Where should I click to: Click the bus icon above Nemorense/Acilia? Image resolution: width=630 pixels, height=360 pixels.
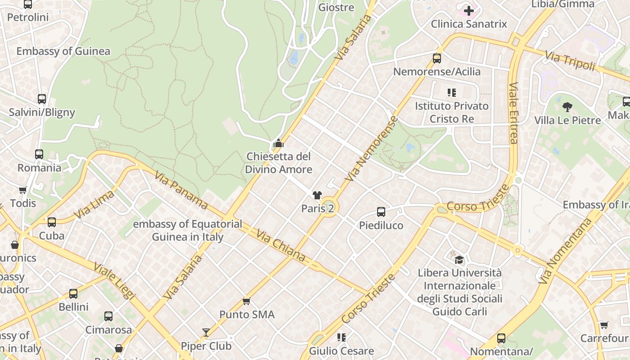[436, 58]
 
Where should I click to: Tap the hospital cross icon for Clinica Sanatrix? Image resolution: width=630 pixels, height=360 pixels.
[469, 10]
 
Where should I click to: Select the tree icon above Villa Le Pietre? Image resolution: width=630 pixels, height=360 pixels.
[567, 107]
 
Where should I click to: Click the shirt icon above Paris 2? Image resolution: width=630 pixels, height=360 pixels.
[317, 195]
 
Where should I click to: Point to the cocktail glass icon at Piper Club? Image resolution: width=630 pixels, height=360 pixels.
[206, 333]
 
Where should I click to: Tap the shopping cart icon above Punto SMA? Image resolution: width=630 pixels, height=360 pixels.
[246, 301]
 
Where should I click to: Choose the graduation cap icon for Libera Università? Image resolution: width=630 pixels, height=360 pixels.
[459, 260]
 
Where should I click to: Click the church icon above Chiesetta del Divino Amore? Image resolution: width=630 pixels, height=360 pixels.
[279, 144]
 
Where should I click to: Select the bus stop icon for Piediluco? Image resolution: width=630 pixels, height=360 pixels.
[381, 212]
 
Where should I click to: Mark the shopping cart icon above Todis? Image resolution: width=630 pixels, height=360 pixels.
[22, 190]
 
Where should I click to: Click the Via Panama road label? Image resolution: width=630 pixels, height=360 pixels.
[181, 190]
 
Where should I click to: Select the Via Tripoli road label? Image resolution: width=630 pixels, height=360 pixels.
[570, 61]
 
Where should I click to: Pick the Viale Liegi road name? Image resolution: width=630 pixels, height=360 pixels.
[114, 281]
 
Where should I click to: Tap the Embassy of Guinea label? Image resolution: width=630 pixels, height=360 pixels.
[63, 51]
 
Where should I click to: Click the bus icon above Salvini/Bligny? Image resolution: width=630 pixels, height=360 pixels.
[42, 99]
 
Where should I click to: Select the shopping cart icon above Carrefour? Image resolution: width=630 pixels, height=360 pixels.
[604, 325]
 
